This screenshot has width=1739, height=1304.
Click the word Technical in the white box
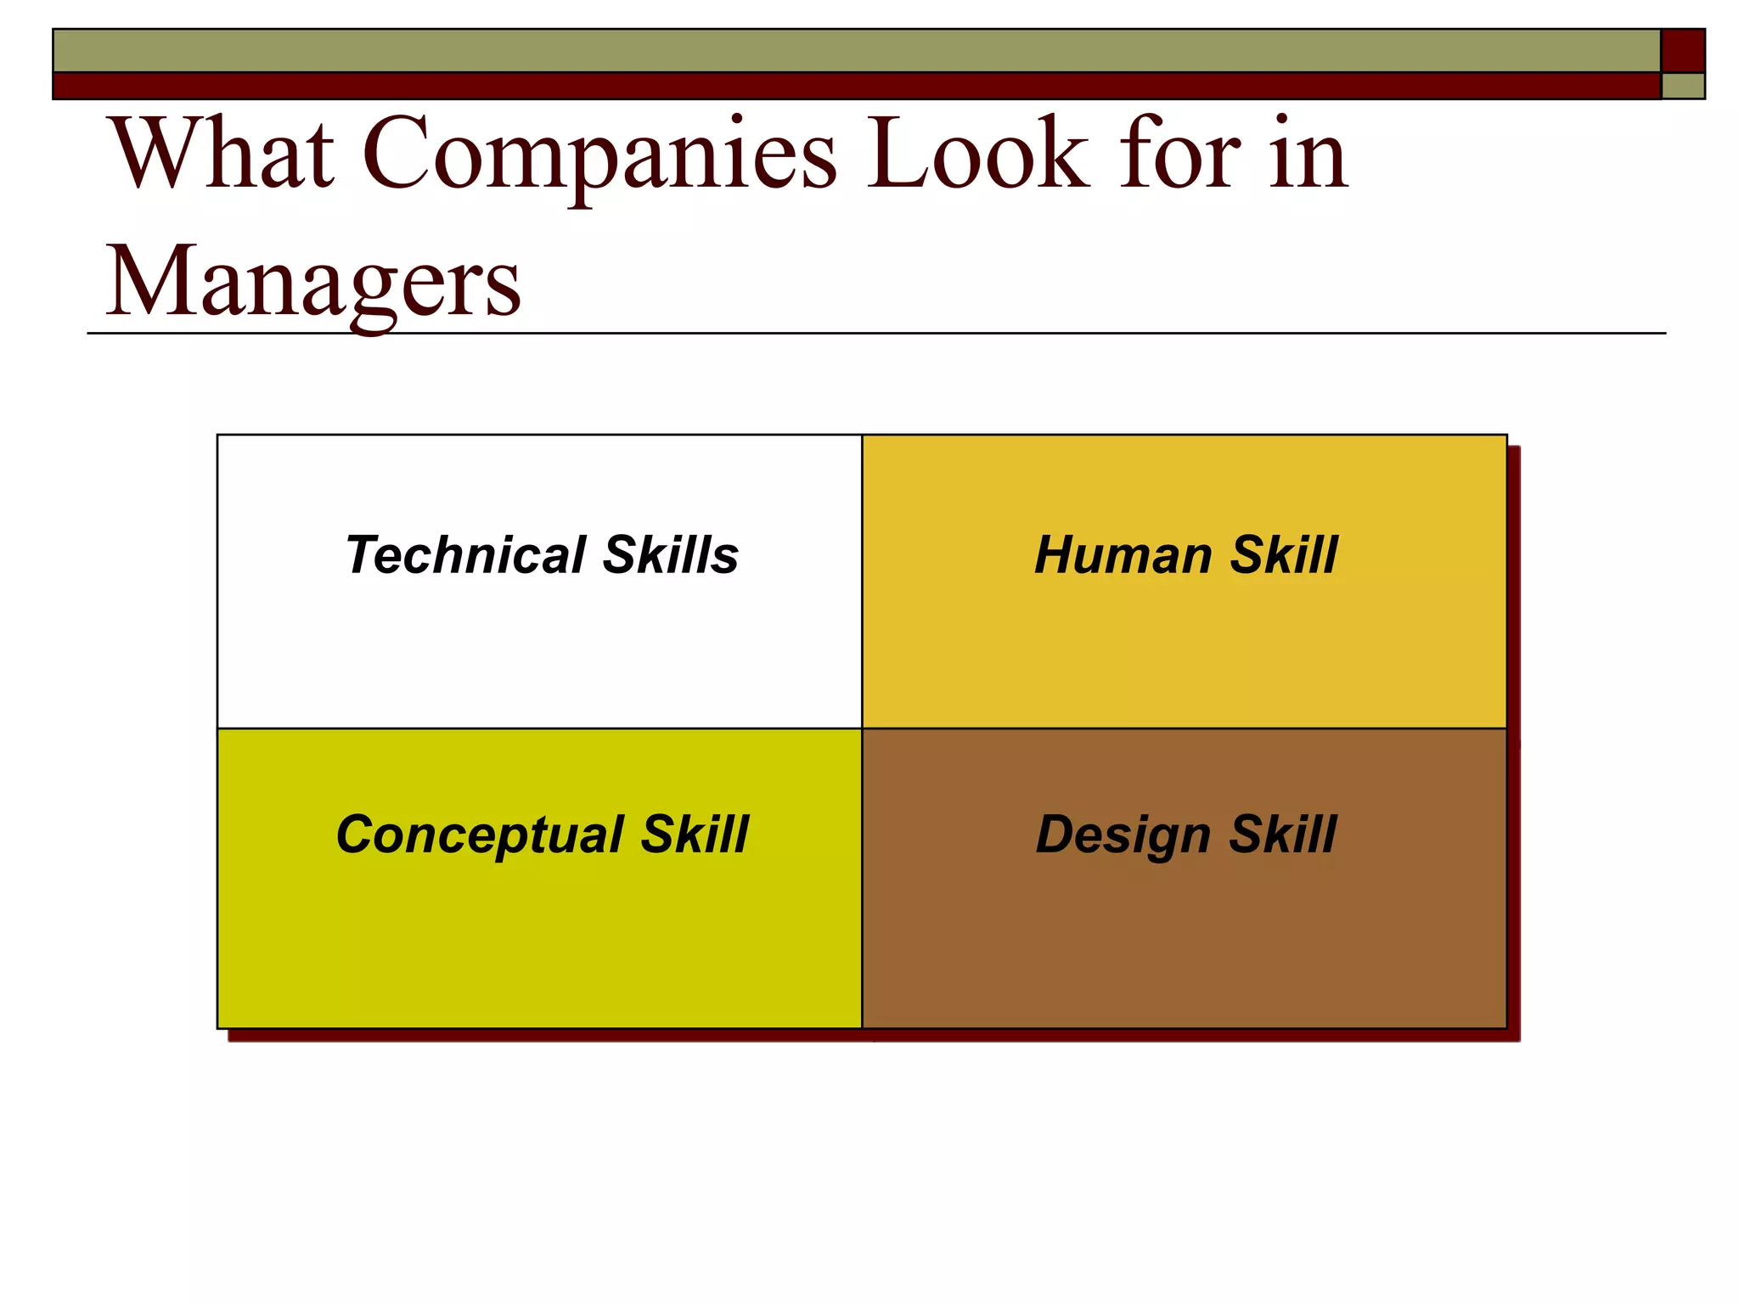point(465,555)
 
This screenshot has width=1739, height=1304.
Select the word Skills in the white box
point(671,555)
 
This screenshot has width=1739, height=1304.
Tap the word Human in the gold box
point(1123,555)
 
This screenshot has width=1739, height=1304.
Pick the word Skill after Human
point(1284,555)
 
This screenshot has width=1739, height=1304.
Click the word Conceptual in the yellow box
point(480,835)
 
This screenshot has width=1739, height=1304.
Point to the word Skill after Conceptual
point(695,835)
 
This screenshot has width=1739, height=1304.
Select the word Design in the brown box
point(1123,835)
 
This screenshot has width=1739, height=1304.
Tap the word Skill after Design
point(1283,835)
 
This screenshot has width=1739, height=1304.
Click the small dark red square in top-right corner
point(1682,51)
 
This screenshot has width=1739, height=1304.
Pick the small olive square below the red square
point(1683,87)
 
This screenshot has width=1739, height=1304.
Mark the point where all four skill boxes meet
point(862,728)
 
